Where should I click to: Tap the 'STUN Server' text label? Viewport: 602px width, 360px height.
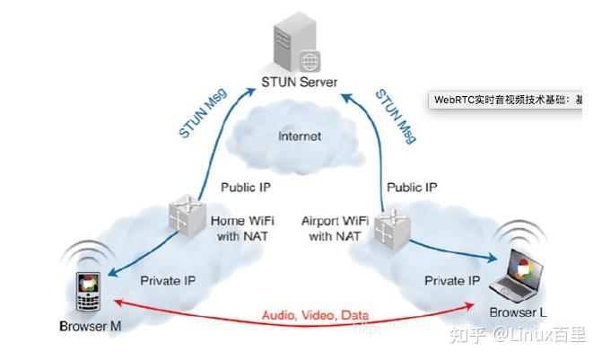(299, 82)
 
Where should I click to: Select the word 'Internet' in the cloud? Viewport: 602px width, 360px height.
(299, 136)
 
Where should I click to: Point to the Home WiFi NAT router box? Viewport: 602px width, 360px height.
(188, 216)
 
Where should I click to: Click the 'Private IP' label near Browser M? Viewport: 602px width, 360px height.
(166, 280)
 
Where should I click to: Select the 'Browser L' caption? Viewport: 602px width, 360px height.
(519, 312)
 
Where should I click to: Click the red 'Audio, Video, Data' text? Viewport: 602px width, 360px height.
(314, 316)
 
